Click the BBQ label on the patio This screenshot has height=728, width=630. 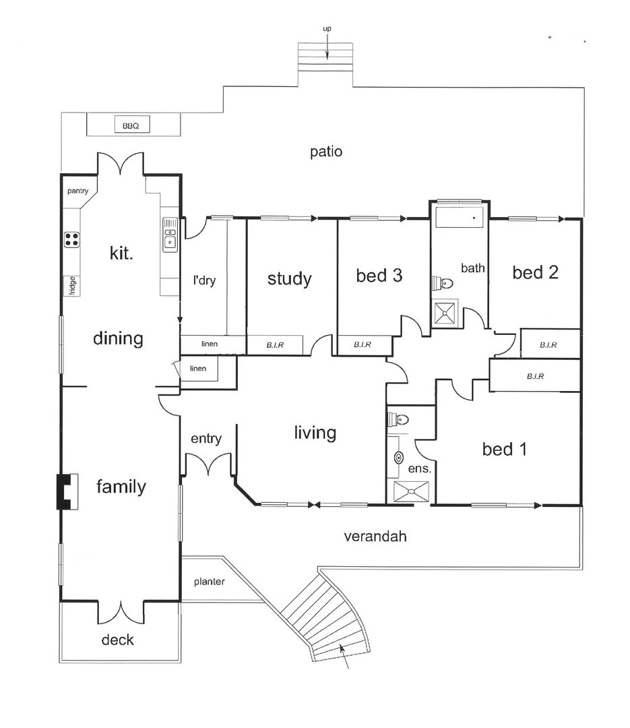pyautogui.click(x=131, y=126)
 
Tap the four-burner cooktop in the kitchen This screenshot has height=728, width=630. pyautogui.click(x=71, y=239)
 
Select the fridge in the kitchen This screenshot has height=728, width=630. pyautogui.click(x=71, y=285)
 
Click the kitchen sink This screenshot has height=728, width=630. pyautogui.click(x=170, y=235)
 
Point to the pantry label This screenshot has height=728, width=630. pyautogui.click(x=77, y=191)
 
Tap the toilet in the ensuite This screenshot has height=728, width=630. pyautogui.click(x=397, y=420)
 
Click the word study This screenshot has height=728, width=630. pyautogui.click(x=289, y=278)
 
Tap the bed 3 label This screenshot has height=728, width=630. pyautogui.click(x=379, y=275)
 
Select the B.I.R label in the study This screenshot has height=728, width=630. pyautogui.click(x=274, y=345)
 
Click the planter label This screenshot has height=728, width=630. pyautogui.click(x=209, y=582)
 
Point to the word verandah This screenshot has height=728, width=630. pyautogui.click(x=375, y=537)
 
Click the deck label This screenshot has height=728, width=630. pyautogui.click(x=117, y=640)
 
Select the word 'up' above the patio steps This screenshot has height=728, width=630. pyautogui.click(x=327, y=28)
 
